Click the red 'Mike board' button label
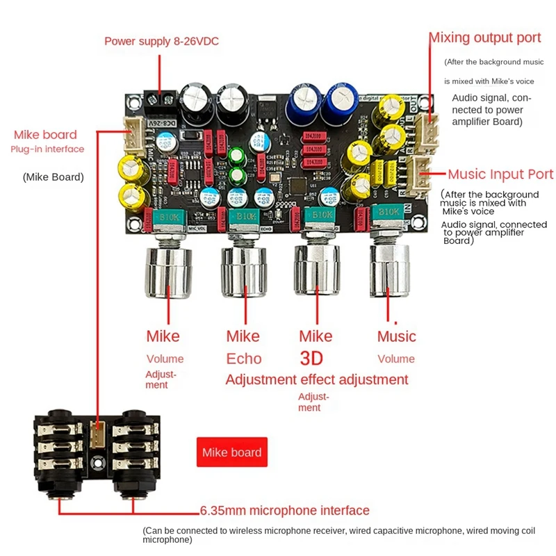pos(231,452)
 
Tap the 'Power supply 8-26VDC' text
pos(161,42)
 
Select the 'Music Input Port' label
pos(500,174)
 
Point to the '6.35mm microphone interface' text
pos(284,511)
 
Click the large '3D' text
pos(316,359)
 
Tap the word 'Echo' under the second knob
pos(244,359)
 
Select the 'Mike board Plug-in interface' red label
pos(48,141)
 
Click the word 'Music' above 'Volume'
pos(396,336)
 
